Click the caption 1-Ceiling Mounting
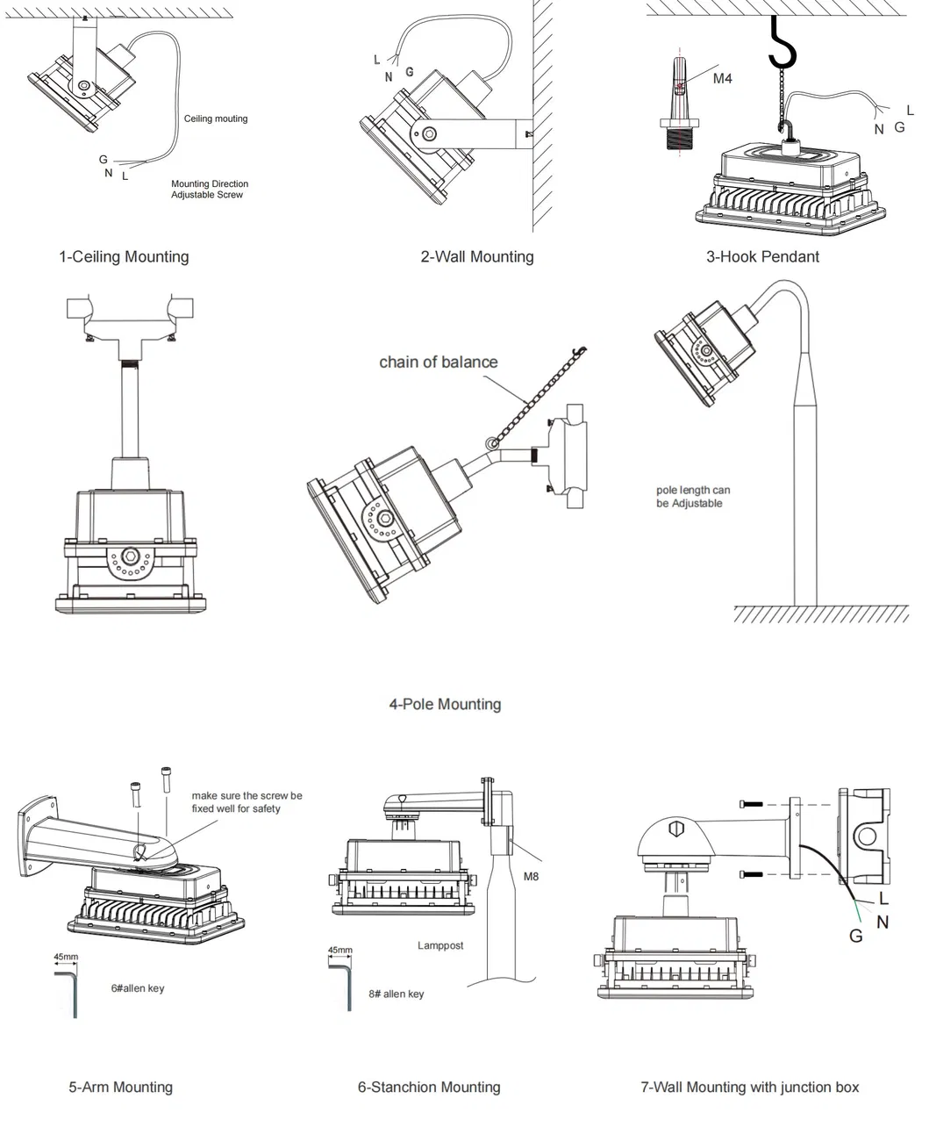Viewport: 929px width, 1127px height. [124, 257]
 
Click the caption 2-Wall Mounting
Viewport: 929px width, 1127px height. [476, 257]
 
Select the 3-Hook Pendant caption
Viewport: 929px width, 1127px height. [762, 257]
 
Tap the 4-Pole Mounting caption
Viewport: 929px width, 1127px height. [445, 704]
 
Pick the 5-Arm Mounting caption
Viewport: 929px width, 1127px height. [121, 1088]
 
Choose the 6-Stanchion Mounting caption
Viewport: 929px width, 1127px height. [429, 1088]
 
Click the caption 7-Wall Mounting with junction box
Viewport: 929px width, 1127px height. [750, 1088]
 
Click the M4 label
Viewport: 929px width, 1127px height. [722, 79]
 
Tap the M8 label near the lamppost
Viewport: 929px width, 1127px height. [532, 876]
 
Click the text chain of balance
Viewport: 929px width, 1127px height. [438, 363]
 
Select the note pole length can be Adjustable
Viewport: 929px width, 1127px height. [692, 497]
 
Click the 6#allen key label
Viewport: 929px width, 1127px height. [137, 988]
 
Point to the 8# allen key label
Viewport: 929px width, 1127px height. [396, 994]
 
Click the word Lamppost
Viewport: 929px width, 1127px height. [440, 945]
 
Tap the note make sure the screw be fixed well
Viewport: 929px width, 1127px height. [247, 801]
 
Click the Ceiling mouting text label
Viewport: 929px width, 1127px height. [216, 118]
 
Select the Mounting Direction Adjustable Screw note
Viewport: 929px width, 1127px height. [210, 190]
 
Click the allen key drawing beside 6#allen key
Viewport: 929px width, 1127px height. [69, 990]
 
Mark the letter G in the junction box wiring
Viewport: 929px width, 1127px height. [855, 936]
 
